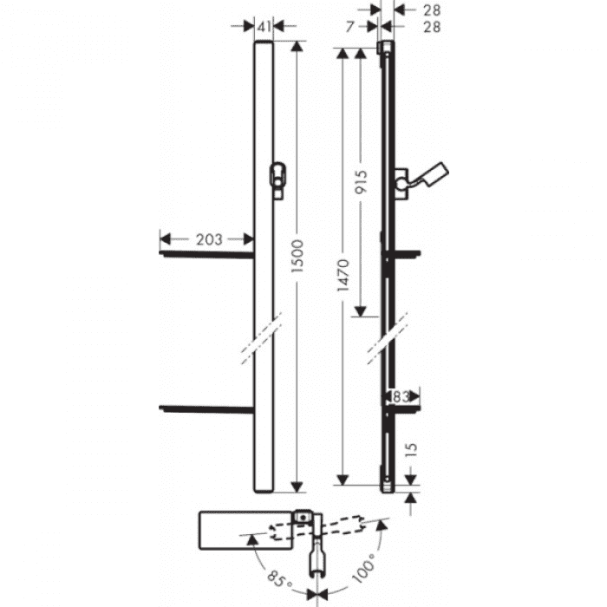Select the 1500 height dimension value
click(x=299, y=259)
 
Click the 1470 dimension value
click(x=343, y=277)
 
